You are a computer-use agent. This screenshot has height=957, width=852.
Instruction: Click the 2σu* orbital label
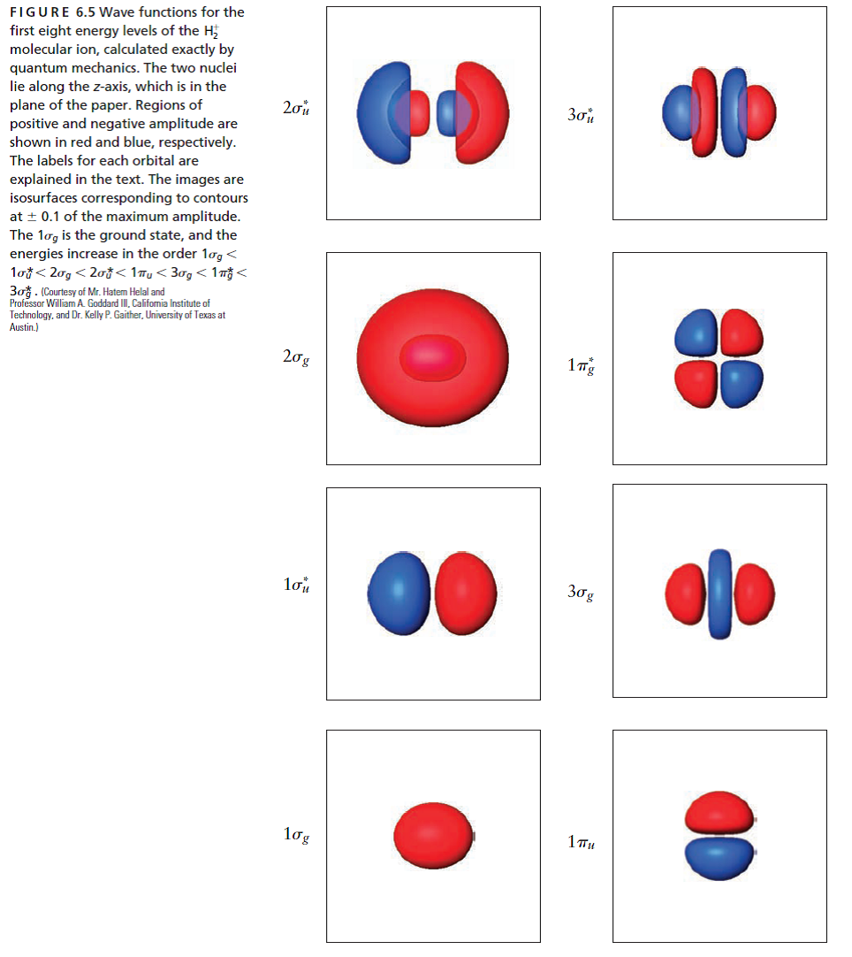coord(295,108)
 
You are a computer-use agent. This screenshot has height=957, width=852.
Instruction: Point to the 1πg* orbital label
coord(581,364)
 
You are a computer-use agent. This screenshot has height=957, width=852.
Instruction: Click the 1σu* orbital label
coord(296,585)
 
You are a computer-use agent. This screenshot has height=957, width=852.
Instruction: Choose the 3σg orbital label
coord(581,593)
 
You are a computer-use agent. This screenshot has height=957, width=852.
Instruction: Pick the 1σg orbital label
coord(296,833)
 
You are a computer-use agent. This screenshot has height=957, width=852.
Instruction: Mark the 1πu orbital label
coord(581,841)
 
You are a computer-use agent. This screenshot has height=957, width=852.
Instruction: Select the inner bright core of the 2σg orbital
coord(433,357)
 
